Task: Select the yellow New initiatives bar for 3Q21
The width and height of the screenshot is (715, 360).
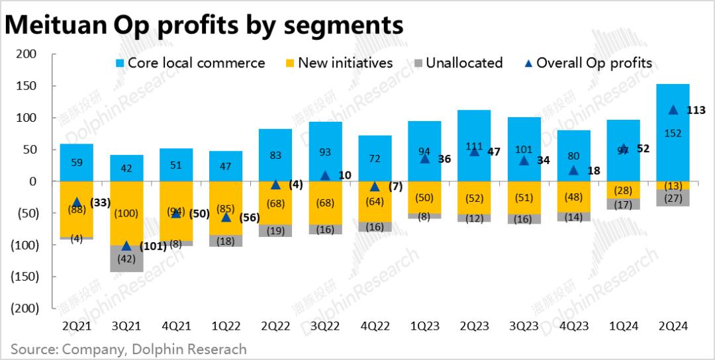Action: click(x=126, y=213)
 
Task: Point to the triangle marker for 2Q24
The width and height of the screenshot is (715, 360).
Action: click(x=673, y=111)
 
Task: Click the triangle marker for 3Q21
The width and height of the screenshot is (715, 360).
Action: click(x=126, y=246)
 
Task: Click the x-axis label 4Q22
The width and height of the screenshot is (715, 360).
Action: click(x=374, y=326)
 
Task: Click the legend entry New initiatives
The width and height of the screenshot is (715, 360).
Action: click(x=345, y=63)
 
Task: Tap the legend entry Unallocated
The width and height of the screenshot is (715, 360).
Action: click(x=464, y=63)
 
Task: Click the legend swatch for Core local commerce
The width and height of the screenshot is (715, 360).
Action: click(x=119, y=64)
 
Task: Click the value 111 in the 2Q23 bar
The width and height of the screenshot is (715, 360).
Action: click(x=474, y=127)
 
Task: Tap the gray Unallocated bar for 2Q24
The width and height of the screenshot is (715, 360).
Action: click(x=673, y=198)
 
